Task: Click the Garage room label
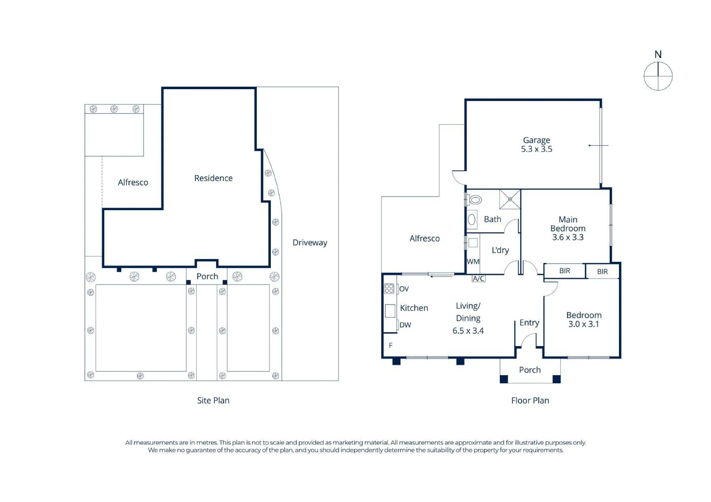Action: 536,140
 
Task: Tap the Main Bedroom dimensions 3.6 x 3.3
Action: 568,237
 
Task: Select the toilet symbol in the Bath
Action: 475,200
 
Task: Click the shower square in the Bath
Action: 510,199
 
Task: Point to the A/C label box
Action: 479,279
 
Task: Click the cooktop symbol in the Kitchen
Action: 389,288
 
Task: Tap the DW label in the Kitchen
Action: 405,325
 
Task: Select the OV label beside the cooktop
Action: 404,289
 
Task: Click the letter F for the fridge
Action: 391,345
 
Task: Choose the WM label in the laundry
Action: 473,262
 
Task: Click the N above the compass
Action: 658,54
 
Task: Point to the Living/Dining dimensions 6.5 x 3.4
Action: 468,331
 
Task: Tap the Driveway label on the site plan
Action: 310,243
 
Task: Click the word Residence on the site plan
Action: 213,178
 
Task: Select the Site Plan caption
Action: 213,400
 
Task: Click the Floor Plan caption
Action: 530,400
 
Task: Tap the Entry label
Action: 529,323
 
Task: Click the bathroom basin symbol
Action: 472,220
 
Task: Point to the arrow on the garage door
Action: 598,145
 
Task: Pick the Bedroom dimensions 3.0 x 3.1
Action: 584,324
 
